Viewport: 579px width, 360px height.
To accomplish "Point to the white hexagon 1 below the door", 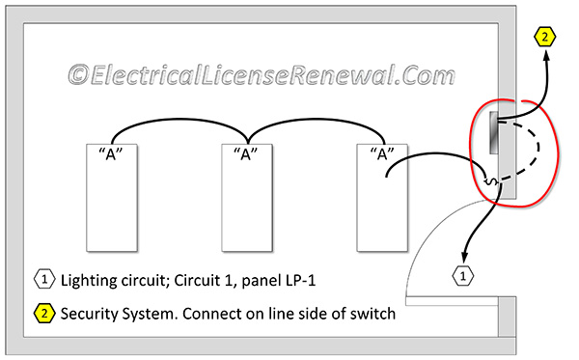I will (463, 276).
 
